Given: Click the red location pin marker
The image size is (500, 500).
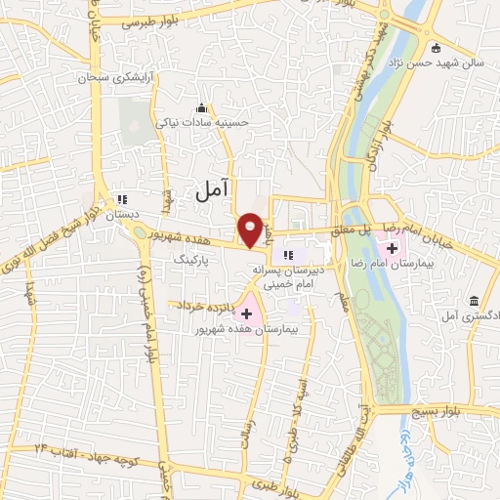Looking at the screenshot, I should point(251,229).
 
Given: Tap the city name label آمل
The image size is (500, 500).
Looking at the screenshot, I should point(210,192).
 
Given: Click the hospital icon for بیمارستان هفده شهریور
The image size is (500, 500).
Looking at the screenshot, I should point(245,313).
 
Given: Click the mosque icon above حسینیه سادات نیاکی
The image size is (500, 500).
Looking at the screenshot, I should point(201,106).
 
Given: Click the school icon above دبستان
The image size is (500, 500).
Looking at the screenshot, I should point(122,197).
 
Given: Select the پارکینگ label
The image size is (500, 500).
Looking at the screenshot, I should point(192,262).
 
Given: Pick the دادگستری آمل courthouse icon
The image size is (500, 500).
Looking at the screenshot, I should point(474,298).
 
